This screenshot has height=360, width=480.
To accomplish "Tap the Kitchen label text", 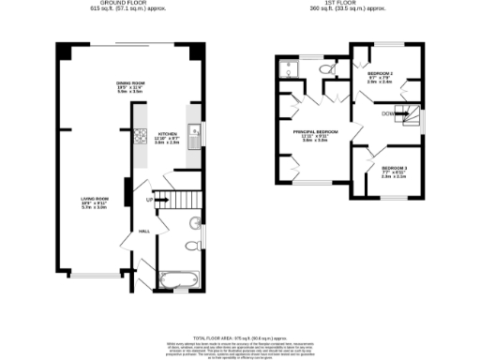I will [168, 135].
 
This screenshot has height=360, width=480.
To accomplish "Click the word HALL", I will [145, 230].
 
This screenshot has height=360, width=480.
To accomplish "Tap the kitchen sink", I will [194, 137].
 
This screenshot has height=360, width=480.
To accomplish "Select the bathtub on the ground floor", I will [177, 278].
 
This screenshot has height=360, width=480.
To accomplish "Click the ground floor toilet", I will [191, 246].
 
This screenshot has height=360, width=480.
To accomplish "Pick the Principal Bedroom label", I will [315, 133].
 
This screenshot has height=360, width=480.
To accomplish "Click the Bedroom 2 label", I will [381, 74].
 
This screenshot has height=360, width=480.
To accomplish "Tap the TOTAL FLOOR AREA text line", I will [239, 337].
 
